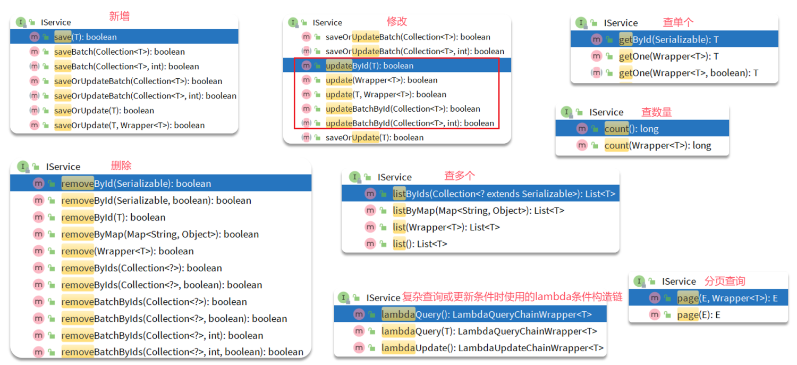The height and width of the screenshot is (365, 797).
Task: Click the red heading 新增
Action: click(119, 16)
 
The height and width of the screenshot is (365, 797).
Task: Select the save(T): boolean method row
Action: click(85, 37)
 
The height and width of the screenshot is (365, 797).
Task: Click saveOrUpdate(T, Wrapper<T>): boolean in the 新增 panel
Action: click(129, 126)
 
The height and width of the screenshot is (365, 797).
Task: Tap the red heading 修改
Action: click(396, 21)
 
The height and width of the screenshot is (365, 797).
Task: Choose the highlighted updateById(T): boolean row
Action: click(369, 66)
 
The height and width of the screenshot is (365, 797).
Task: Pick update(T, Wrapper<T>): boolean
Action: click(386, 95)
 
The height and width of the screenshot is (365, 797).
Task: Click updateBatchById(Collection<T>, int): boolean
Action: click(410, 123)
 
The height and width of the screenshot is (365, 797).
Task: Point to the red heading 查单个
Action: click(678, 22)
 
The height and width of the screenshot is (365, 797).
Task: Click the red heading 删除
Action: click(121, 165)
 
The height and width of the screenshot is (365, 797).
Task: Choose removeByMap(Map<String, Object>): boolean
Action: click(160, 235)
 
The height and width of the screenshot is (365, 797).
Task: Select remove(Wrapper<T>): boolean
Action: click(128, 251)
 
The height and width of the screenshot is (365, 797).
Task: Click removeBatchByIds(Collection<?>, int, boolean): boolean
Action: click(182, 352)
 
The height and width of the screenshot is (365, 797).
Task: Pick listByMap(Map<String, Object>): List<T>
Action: click(478, 211)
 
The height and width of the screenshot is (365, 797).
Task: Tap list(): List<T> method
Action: click(420, 244)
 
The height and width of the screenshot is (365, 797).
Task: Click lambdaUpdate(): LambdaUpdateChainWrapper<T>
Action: click(492, 348)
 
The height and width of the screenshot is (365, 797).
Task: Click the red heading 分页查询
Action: click(725, 281)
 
